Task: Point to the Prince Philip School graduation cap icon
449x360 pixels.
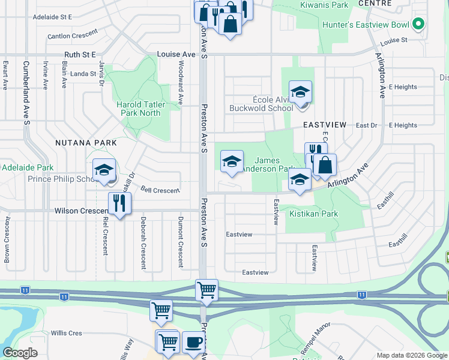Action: pos(104,170)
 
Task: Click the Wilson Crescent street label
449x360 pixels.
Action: pos(80,211)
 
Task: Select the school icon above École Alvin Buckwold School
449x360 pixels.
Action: pos(300,92)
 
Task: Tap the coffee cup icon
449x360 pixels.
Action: pos(193,342)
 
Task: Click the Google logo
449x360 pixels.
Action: pos(20,353)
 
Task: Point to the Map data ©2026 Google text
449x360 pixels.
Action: pos(412,355)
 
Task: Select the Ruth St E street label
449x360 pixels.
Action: pos(80,55)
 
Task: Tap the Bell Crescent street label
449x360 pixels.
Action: pos(160,191)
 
